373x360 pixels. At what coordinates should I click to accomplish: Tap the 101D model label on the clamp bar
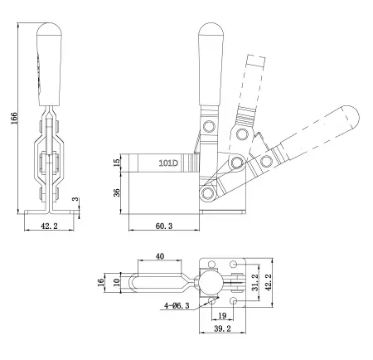[x=168, y=163]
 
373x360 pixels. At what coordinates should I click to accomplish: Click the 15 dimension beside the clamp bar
[x=118, y=161]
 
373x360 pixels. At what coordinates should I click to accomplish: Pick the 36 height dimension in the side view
[x=118, y=192]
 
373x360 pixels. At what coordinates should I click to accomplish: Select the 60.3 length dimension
[x=164, y=225]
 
